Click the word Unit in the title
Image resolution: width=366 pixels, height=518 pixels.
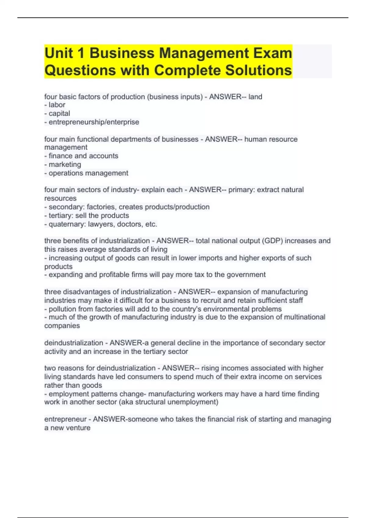click(59, 53)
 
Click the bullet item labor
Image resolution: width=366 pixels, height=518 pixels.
click(57, 105)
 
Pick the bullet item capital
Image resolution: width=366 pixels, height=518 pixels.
click(59, 113)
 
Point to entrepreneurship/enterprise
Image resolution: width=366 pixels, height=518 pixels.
click(94, 122)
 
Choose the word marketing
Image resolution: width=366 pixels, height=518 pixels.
click(65, 165)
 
